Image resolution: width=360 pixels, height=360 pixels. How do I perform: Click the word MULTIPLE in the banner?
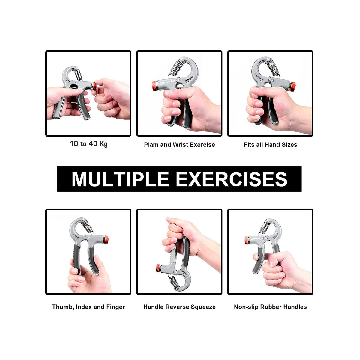coord(121,179)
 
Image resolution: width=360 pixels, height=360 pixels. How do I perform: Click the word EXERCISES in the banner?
coord(232,179)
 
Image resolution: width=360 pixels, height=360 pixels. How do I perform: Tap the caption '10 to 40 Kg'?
coord(89,144)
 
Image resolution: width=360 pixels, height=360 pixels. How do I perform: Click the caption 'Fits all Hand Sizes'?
coord(270,145)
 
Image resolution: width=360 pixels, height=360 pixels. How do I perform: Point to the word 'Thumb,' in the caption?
coord(63,307)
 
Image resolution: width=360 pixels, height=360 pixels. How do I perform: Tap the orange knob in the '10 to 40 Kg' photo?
coord(94,86)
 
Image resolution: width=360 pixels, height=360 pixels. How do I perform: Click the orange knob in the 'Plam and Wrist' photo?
coord(155,86)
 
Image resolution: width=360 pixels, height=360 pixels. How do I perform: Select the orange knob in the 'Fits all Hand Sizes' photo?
coord(292,86)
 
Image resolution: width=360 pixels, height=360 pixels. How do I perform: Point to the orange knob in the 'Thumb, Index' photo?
coord(106,240)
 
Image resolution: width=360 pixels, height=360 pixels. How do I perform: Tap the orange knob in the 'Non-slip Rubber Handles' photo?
coord(247,240)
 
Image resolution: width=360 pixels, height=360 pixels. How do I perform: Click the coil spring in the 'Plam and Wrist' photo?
coord(176,68)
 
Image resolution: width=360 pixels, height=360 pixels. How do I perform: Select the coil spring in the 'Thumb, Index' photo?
coord(87,226)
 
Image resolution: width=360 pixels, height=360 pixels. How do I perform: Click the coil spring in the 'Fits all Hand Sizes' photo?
coord(273,67)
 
